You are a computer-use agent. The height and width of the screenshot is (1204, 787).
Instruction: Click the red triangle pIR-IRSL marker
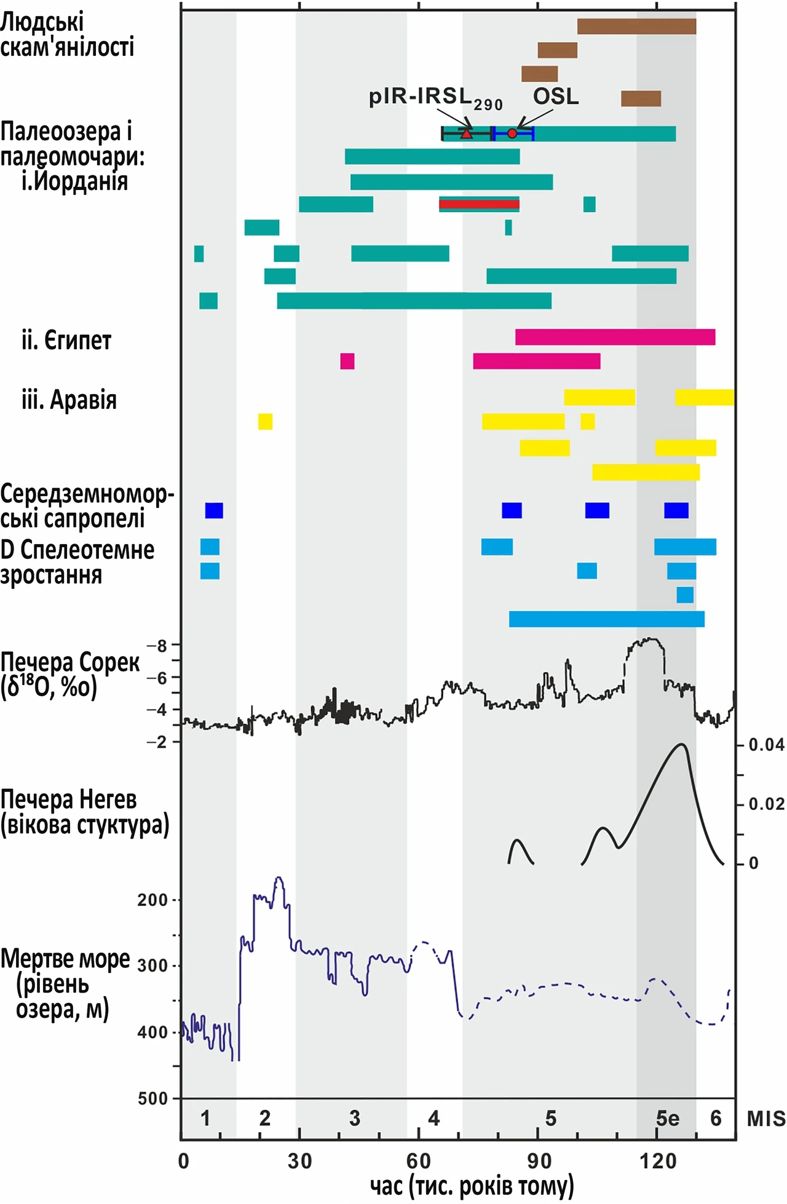(467, 133)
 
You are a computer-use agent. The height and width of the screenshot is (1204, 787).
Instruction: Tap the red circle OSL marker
(512, 133)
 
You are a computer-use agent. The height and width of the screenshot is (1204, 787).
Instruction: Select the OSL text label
(556, 97)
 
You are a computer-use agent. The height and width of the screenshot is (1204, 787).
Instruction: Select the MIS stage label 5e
(668, 1118)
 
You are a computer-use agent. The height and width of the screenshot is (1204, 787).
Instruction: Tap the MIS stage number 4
(434, 1118)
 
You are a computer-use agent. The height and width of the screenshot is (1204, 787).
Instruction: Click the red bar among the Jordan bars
(479, 204)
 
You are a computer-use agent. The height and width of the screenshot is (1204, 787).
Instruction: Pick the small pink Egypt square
(347, 361)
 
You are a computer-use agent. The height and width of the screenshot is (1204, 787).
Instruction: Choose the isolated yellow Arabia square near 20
(265, 422)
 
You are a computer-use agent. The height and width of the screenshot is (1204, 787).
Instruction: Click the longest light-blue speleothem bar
(607, 619)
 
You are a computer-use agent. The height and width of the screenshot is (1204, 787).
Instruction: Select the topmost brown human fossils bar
(636, 26)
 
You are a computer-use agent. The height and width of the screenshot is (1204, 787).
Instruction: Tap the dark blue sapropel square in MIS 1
(214, 510)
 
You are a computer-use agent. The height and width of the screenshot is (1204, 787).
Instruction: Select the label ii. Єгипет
(66, 340)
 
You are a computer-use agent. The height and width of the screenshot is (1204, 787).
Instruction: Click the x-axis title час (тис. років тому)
(472, 1186)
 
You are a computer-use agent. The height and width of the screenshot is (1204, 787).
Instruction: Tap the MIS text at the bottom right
(766, 1119)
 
